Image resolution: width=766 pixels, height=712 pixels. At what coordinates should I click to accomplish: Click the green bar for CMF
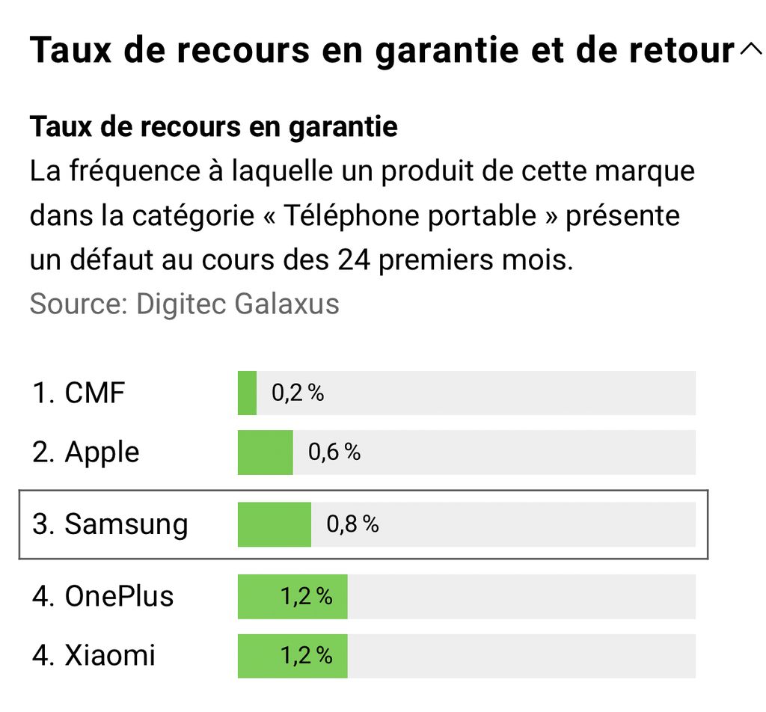[x=247, y=393]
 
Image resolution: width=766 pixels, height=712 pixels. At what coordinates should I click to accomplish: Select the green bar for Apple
[x=265, y=452]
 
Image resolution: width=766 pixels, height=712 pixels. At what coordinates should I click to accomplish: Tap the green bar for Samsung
[x=274, y=524]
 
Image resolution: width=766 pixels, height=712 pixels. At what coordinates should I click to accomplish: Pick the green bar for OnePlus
[x=258, y=596]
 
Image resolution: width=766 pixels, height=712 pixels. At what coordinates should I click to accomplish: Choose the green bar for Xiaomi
[x=258, y=656]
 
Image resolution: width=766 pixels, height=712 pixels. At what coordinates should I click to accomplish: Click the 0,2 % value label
[x=298, y=393]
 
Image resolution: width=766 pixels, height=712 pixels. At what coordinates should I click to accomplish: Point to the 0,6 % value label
[x=334, y=452]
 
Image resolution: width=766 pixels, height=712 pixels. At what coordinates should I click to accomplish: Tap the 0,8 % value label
[x=352, y=524]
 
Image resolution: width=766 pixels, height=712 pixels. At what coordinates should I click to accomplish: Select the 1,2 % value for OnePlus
[x=306, y=596]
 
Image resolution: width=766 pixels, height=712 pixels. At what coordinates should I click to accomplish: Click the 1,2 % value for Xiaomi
[x=306, y=656]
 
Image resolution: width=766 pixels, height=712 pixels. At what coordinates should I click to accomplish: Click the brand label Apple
[x=102, y=452]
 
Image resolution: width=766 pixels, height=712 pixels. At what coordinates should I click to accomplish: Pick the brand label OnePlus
[x=119, y=596]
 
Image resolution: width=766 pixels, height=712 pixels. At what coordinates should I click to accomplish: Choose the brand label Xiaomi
[x=110, y=656]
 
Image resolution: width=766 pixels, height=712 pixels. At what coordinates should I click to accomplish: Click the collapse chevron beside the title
[x=750, y=50]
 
